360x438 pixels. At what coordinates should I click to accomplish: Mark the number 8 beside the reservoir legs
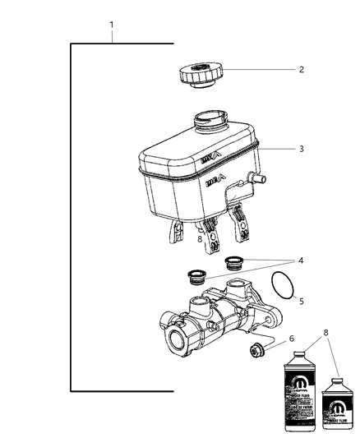pyautogui.click(x=200, y=239)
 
